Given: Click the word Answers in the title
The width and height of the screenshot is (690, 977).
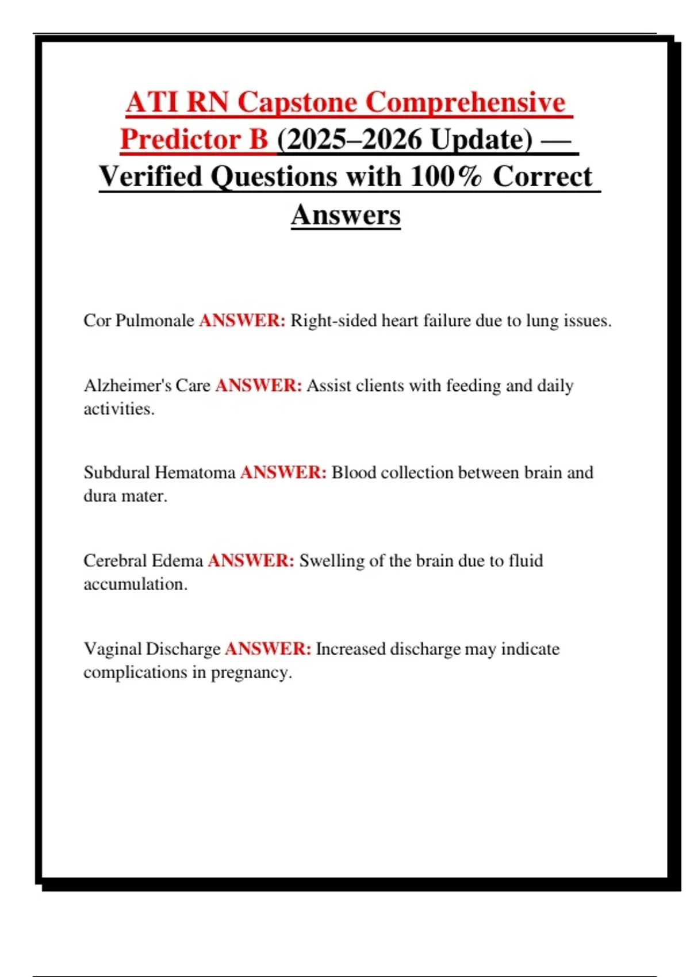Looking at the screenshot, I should coord(346,215).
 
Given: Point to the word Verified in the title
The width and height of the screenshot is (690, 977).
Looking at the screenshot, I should coord(151,176).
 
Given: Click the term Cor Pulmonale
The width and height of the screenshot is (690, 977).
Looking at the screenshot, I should coord(139,321).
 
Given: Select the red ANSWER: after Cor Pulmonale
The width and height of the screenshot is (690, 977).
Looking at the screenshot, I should coord(242,321).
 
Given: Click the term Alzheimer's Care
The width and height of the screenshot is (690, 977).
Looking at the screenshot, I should coord(147,386).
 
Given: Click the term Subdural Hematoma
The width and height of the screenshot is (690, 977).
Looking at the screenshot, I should coord(159,473).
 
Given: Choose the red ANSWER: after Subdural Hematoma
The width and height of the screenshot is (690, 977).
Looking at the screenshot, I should coord(283,473).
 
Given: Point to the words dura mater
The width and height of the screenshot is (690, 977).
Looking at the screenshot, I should coord(125,496).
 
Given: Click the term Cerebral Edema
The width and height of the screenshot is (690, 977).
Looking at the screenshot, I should coord(143,561).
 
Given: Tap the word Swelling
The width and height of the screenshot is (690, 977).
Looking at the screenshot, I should coord(332,561).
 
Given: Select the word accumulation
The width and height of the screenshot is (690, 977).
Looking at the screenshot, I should coord(135,584).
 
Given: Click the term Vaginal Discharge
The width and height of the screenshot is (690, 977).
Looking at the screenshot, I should coord(152,649).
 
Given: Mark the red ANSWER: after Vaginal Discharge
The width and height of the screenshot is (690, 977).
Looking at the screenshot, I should coord(268,649).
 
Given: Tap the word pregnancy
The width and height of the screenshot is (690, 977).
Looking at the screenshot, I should coord(251,672).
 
